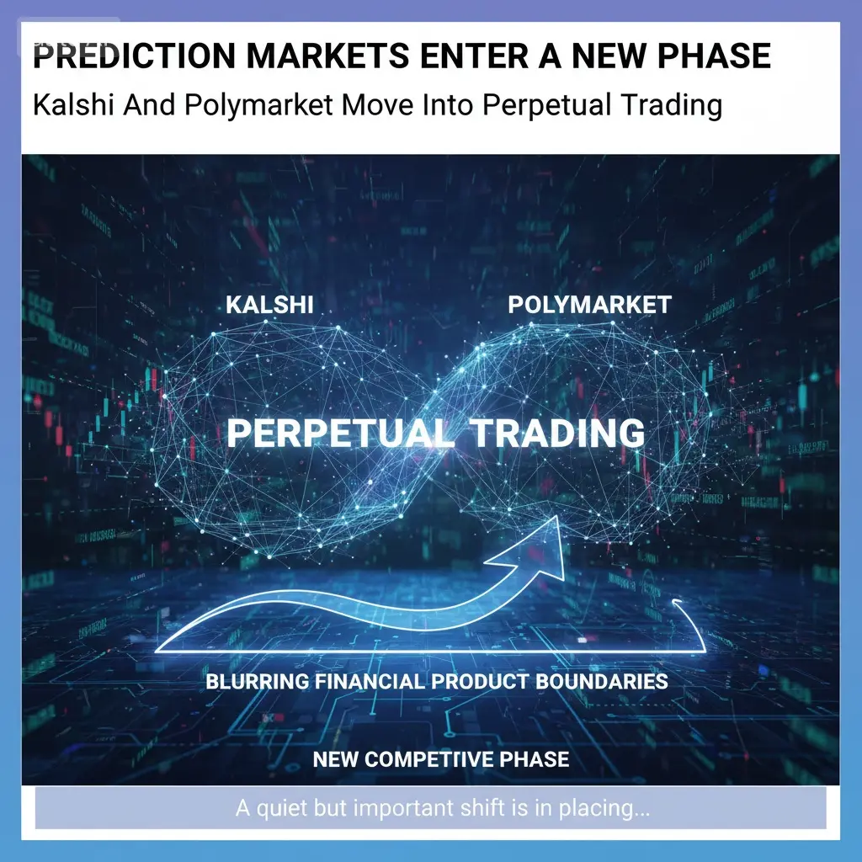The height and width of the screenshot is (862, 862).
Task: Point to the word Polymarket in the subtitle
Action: click(258, 105)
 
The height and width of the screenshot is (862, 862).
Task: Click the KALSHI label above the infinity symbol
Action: click(269, 305)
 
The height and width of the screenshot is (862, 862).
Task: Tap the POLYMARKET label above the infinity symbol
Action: click(589, 305)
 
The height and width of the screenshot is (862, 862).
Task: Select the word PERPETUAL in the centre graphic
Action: click(342, 434)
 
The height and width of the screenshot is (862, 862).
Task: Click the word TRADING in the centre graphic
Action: click(557, 434)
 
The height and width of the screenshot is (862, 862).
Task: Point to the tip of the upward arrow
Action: click(558, 517)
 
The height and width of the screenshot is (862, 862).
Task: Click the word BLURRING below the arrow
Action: click(258, 682)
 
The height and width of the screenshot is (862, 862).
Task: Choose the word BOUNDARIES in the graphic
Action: click(601, 682)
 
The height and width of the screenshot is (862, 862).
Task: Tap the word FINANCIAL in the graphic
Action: click(370, 682)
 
